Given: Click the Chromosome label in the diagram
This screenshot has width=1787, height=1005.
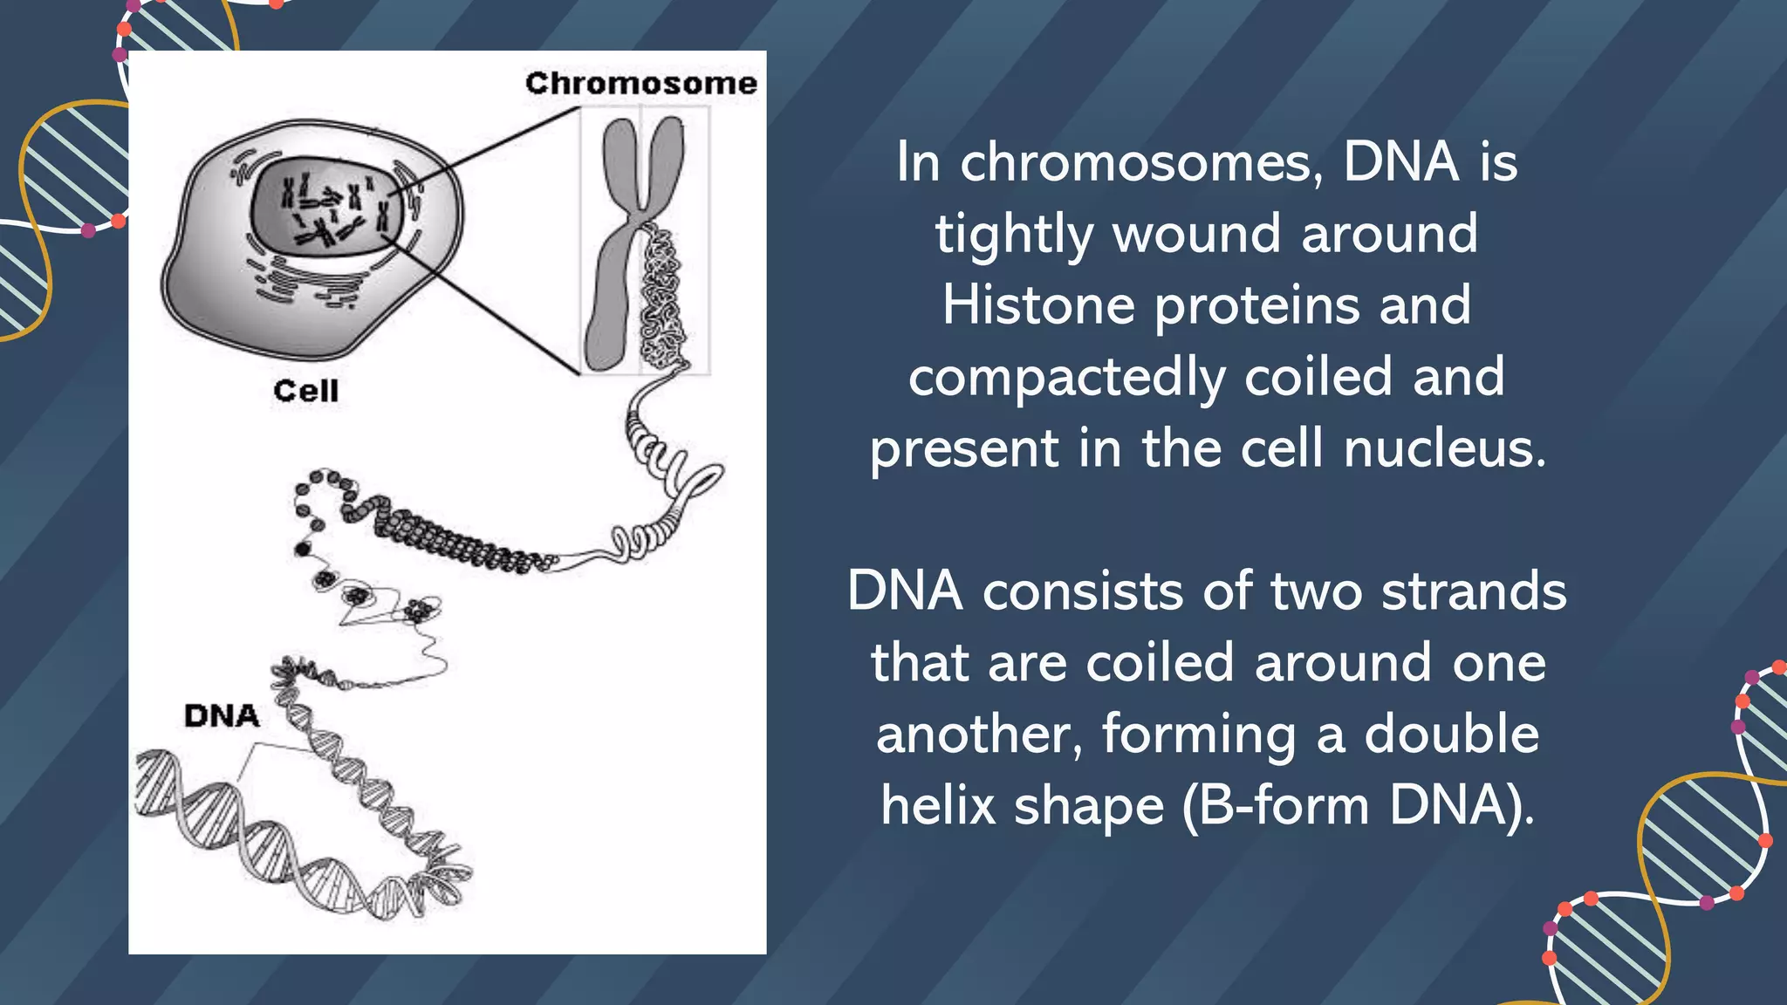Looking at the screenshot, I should click(x=640, y=83).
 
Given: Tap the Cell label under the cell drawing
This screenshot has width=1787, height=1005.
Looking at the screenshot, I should click(x=305, y=390).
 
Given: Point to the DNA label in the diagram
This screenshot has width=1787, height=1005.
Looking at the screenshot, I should click(x=222, y=716).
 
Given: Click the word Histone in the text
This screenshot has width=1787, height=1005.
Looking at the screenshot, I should click(x=1038, y=305).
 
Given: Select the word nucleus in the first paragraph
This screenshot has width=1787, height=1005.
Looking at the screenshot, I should click(x=1445, y=448).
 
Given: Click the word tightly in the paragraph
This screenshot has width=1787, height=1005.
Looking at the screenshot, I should click(x=1014, y=236).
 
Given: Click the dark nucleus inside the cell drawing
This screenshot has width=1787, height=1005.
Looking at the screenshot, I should click(x=326, y=208).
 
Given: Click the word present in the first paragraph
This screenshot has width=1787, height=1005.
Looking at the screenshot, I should click(x=964, y=450).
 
